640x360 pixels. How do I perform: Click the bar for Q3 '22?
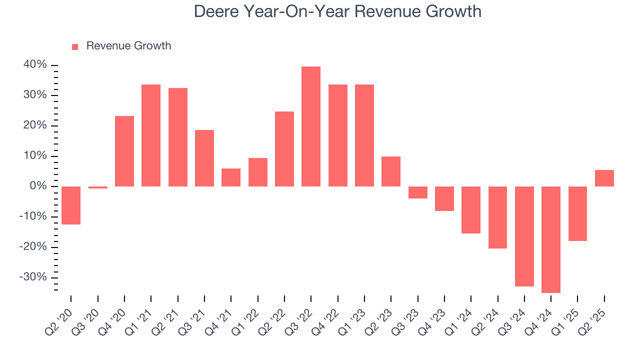(x=311, y=126)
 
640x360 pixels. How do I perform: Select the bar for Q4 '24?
(x=551, y=239)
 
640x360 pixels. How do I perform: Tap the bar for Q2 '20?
(x=71, y=205)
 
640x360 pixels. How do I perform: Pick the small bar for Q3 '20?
(x=98, y=187)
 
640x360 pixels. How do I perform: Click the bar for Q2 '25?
(x=604, y=178)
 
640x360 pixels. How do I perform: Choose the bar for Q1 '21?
(x=151, y=135)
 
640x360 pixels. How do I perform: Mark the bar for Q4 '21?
(x=231, y=177)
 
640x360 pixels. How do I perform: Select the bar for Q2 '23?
(x=391, y=171)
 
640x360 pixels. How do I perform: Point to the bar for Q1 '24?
(x=471, y=210)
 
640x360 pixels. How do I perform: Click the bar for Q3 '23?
(x=418, y=192)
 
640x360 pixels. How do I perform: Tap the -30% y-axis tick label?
(x=33, y=277)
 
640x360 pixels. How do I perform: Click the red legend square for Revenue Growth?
(x=75, y=47)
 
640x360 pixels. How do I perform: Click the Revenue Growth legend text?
(x=128, y=46)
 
